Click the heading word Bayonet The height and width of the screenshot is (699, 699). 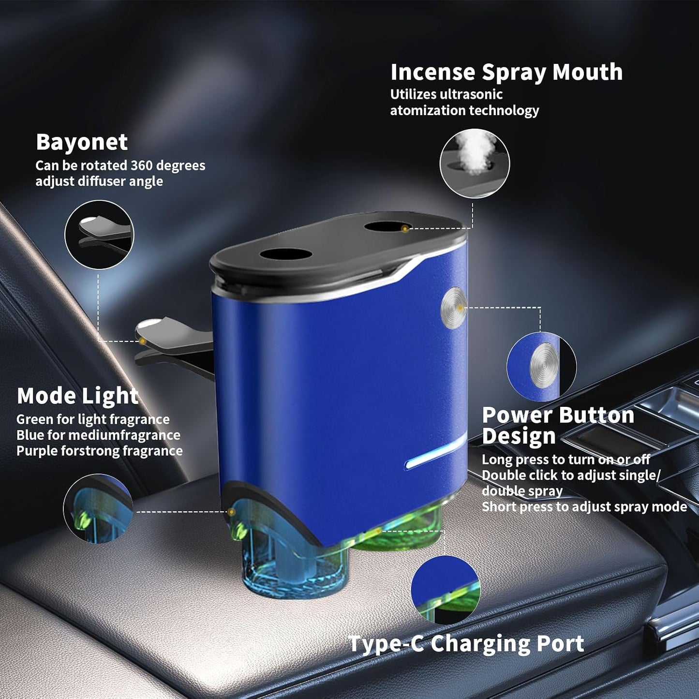click(82, 142)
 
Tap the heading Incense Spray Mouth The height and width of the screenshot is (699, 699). click(506, 73)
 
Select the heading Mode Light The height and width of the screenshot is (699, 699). click(77, 395)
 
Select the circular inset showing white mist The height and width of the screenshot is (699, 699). click(475, 164)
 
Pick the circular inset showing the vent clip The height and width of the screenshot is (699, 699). click(99, 235)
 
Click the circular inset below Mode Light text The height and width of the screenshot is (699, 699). click(98, 508)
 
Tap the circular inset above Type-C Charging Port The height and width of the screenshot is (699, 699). click(446, 590)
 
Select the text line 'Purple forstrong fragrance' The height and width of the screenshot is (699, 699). click(99, 451)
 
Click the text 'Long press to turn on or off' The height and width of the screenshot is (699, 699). click(565, 460)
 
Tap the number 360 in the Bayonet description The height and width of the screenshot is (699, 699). click(143, 165)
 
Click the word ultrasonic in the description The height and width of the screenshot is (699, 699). click(471, 94)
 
